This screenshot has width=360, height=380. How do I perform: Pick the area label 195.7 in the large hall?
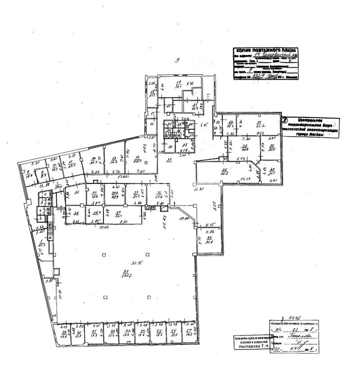[126, 276]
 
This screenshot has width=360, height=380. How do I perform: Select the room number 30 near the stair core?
[171, 146]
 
